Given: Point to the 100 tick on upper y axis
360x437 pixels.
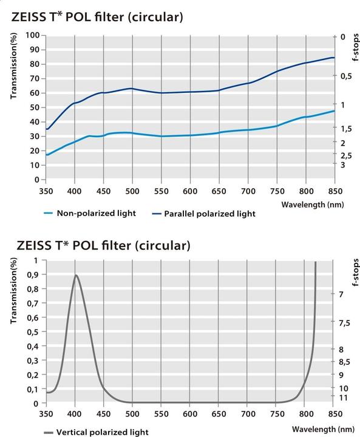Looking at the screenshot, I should coord(32,35).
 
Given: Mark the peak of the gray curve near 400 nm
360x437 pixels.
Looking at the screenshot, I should coord(76,275).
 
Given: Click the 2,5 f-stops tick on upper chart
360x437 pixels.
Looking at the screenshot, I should coord(347,155).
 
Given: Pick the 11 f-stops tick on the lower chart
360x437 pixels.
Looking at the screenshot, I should coord(344,396).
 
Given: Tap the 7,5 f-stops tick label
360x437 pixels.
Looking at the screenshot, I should coord(344,323).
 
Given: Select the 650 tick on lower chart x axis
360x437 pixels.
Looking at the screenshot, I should coord(219,413).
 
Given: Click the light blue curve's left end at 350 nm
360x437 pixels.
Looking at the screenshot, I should coord(47,155).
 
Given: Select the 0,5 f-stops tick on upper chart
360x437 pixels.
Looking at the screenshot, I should coord(346,76).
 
